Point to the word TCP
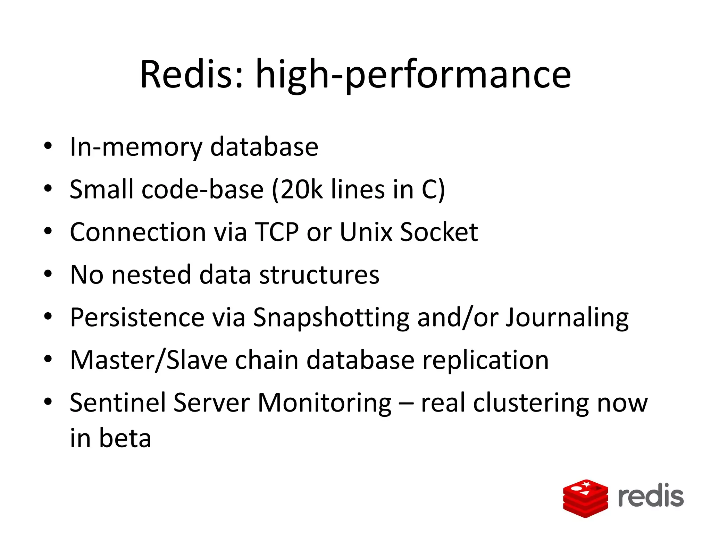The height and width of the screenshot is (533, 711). [276, 232]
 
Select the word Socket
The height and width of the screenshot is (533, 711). [439, 232]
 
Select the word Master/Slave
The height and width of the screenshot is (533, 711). [148, 360]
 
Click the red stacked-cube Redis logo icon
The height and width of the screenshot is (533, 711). [585, 498]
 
